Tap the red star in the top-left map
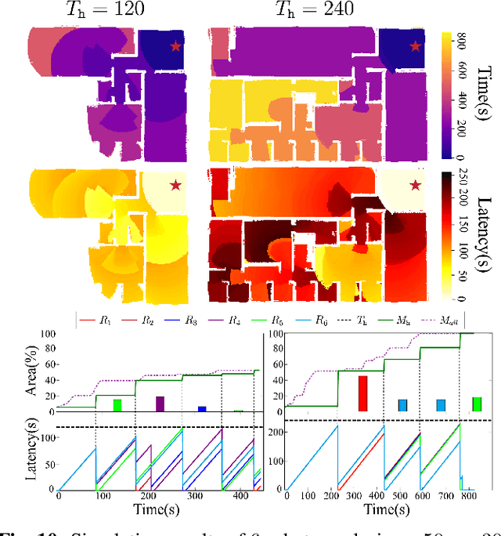coord(174,47)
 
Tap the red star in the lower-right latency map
coord(415,185)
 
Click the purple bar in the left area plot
coord(160,404)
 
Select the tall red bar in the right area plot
coord(362,393)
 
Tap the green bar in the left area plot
coord(117,405)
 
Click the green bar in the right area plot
coord(476,404)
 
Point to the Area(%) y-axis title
coord(16,372)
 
